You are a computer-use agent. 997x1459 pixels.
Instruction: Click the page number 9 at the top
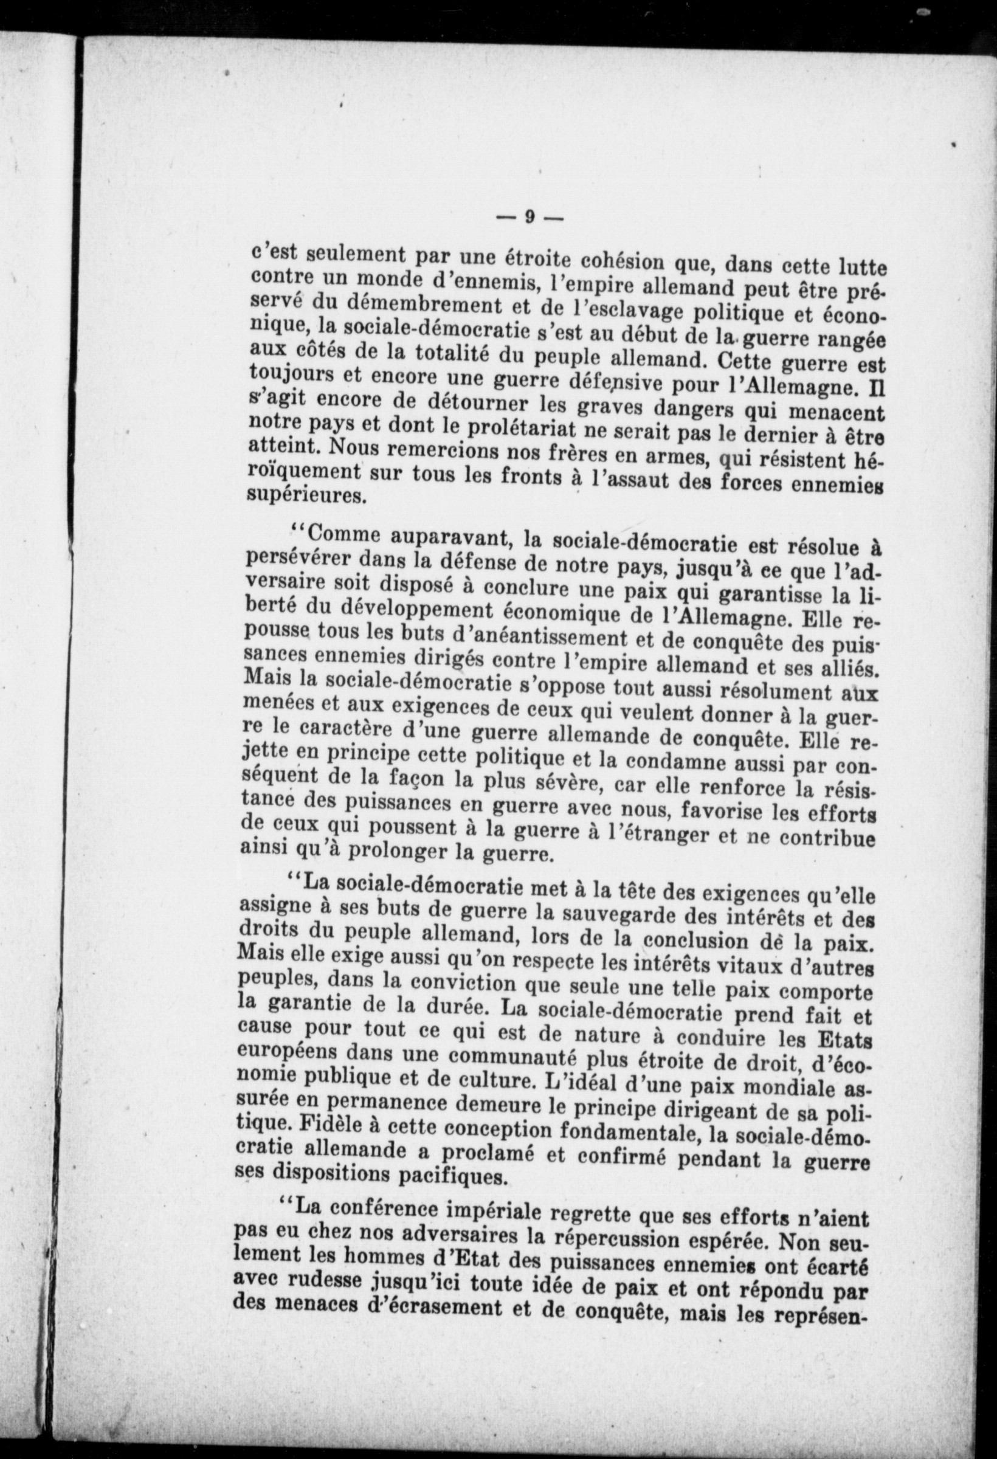530,217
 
